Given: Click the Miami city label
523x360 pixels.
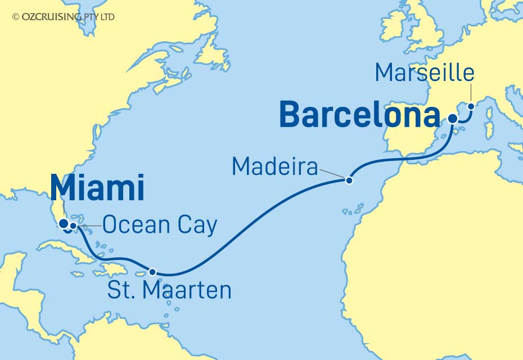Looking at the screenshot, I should pos(97,188).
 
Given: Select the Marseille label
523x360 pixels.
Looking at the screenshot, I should pos(425,73).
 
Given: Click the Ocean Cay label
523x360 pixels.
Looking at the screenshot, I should pos(160,226).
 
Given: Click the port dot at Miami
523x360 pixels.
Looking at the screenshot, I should pos(65,223).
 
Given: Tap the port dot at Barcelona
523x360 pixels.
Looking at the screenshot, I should pos(453,118).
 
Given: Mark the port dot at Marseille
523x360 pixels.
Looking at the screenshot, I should pos(471,106).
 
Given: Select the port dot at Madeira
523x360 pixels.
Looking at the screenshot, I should pos(349,181).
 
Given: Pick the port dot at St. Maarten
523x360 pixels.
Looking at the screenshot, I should pos(152,272).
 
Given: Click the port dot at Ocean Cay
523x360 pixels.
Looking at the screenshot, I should pos(73,226).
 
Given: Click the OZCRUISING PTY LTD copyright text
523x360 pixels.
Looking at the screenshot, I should pos(63,17).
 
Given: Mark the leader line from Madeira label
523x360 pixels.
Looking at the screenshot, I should pos(332,173).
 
